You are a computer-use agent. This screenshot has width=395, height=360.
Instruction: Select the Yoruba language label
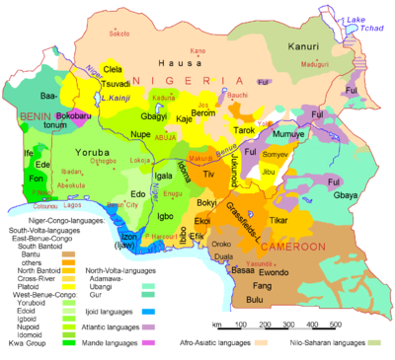(x=94, y=153)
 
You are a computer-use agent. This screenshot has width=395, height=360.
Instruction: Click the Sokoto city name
(x=118, y=33)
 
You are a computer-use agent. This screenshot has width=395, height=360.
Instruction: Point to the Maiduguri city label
(x=313, y=62)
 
